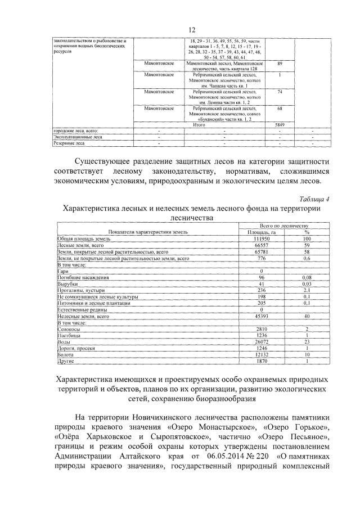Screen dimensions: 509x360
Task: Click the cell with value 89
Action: click(280, 64)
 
